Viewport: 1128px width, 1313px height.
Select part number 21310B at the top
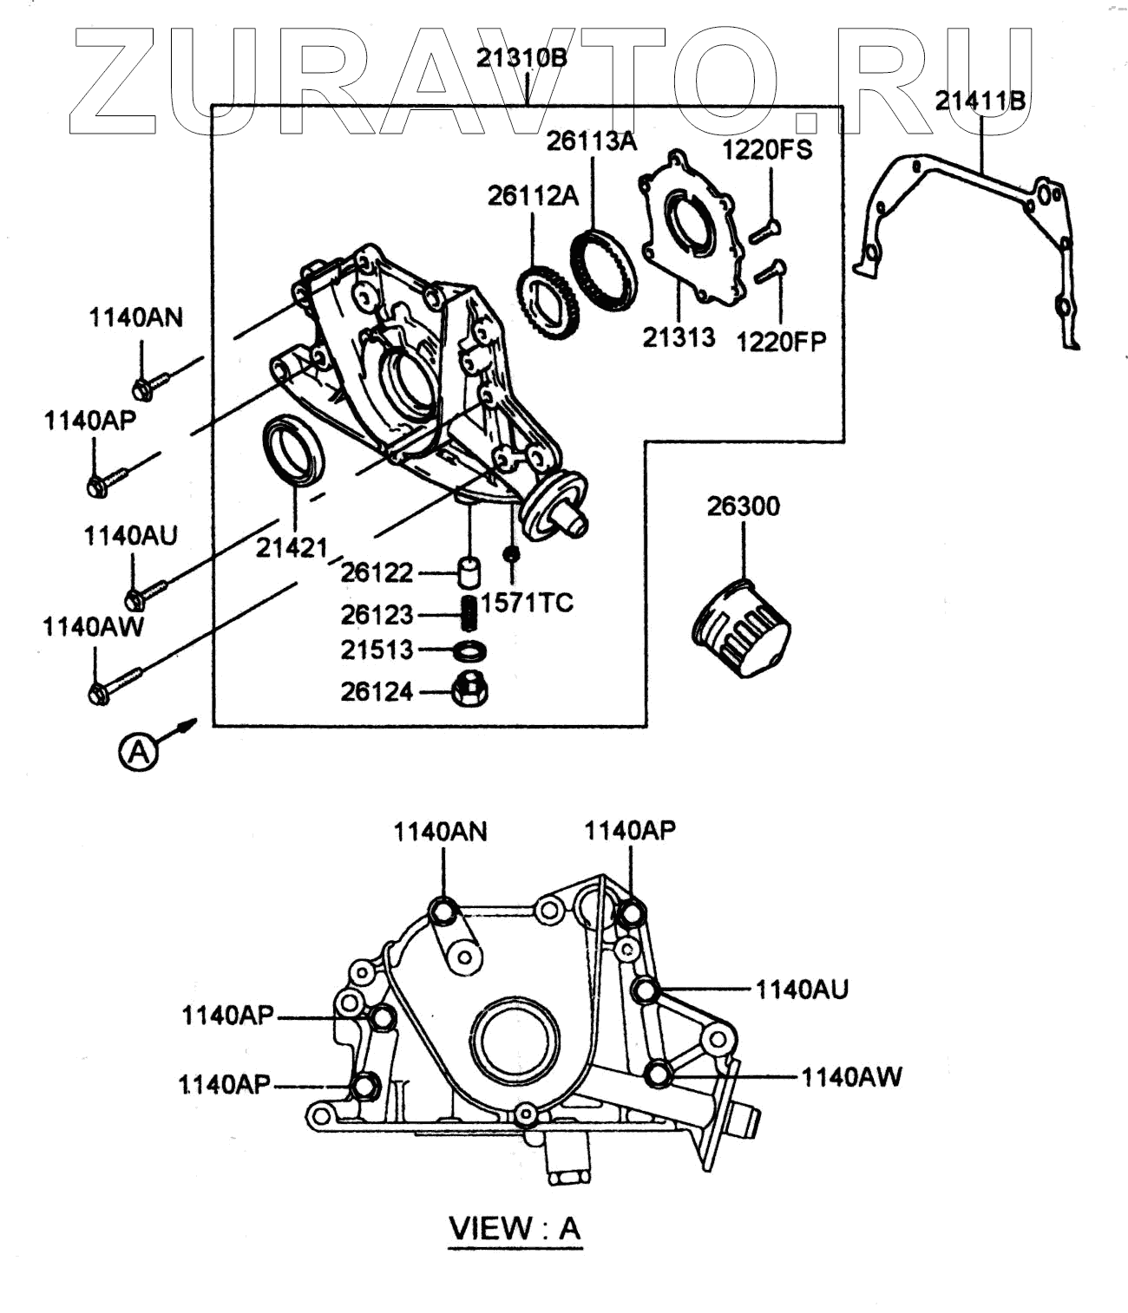pos(521,58)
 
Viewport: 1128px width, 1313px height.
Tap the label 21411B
pos(980,101)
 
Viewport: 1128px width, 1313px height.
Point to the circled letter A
pos(139,752)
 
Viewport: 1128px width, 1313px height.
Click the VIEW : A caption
pos(515,1228)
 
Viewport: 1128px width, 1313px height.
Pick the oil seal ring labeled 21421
pos(293,451)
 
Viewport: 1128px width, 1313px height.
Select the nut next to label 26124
pos(469,691)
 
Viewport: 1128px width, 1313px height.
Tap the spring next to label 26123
pos(469,614)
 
